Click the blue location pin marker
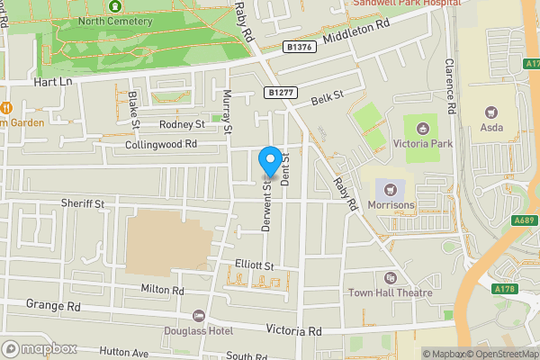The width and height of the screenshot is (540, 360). (x=268, y=161)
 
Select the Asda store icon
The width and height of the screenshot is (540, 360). (x=491, y=112)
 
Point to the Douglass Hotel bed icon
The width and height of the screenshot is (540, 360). (x=199, y=316)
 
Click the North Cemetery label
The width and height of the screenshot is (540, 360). (x=115, y=20)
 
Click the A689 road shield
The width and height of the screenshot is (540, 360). (x=526, y=220)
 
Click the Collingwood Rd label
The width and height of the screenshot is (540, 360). (x=161, y=144)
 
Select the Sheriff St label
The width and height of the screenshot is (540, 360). (x=83, y=204)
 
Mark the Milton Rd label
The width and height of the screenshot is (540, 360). (x=162, y=291)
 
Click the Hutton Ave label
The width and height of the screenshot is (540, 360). (x=123, y=352)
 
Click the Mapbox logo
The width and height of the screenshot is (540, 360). (x=40, y=348)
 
